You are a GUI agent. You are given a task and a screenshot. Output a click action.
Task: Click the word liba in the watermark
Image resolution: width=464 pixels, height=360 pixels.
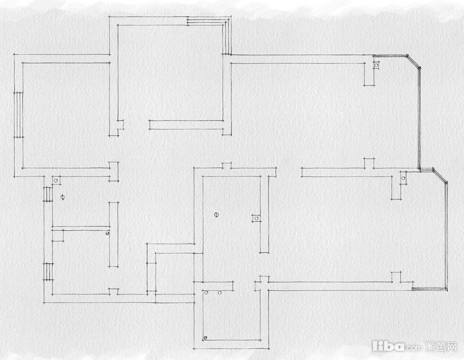(x=389, y=346)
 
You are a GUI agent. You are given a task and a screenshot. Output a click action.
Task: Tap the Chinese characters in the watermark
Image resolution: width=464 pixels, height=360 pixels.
(x=441, y=346)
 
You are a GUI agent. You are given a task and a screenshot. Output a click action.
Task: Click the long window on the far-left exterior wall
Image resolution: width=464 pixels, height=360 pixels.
(x=19, y=115)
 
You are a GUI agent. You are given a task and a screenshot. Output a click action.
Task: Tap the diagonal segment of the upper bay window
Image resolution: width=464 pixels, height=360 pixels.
(x=413, y=62)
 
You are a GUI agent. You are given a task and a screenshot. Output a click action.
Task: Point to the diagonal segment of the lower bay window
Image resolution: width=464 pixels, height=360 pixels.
(x=440, y=176)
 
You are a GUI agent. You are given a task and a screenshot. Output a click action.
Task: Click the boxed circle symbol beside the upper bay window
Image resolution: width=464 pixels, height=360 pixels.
(x=376, y=65)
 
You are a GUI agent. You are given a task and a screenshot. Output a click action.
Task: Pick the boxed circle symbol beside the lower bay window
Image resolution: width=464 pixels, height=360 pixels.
(x=403, y=178)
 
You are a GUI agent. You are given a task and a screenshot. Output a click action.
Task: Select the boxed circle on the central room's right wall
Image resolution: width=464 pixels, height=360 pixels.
(x=257, y=218)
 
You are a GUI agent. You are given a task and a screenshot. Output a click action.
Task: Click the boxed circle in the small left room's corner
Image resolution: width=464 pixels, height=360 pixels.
(x=56, y=181)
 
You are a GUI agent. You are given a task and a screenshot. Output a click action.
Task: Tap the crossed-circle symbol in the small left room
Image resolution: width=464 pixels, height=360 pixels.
(x=62, y=197)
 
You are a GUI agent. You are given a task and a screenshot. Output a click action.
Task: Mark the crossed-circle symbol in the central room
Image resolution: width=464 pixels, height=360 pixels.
(x=217, y=215)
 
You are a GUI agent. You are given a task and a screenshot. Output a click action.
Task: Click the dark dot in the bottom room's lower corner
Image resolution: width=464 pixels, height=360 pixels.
(x=205, y=338)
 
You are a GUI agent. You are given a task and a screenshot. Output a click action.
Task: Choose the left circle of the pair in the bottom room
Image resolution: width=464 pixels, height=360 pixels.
(x=206, y=293)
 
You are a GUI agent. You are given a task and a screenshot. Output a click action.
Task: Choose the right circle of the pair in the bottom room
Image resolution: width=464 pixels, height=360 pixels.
(x=220, y=293)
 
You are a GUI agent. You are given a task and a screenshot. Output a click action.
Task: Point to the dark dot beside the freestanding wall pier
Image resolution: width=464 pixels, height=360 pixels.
(x=108, y=233)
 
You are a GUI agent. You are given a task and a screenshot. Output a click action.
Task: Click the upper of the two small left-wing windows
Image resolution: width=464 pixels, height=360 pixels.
(x=48, y=194)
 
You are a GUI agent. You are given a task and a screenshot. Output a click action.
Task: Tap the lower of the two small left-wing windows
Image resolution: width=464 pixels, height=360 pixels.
(x=48, y=272)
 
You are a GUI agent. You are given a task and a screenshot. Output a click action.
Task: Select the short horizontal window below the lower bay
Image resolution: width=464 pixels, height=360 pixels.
(x=429, y=289)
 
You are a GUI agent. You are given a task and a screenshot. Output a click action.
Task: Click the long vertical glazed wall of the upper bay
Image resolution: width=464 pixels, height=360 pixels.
(x=419, y=119)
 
